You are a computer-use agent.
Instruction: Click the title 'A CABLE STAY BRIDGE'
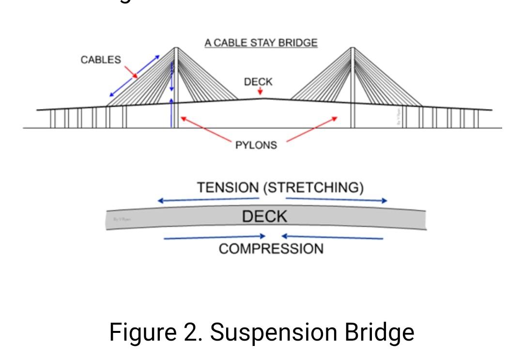(x=261, y=43)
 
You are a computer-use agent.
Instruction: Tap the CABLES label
(x=101, y=60)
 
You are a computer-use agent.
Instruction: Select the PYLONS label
(x=256, y=145)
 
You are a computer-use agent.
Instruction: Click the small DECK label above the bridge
(x=258, y=82)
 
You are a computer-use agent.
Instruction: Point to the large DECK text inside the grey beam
(x=264, y=217)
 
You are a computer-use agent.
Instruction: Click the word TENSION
(x=228, y=188)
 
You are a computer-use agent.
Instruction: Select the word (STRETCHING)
(x=313, y=188)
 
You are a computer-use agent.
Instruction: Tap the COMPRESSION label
(x=271, y=249)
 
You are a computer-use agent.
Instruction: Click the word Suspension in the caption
(x=274, y=332)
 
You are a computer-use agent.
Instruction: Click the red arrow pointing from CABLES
(x=131, y=72)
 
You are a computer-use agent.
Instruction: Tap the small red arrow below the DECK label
(x=260, y=92)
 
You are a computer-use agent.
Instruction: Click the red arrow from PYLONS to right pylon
(x=312, y=129)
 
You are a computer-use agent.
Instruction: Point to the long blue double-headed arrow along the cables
(x=135, y=76)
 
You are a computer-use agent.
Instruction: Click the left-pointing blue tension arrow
(x=208, y=200)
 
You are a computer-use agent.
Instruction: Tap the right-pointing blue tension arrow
(x=337, y=199)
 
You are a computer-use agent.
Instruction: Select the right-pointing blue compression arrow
(x=215, y=237)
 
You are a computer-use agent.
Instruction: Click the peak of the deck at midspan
(x=263, y=98)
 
